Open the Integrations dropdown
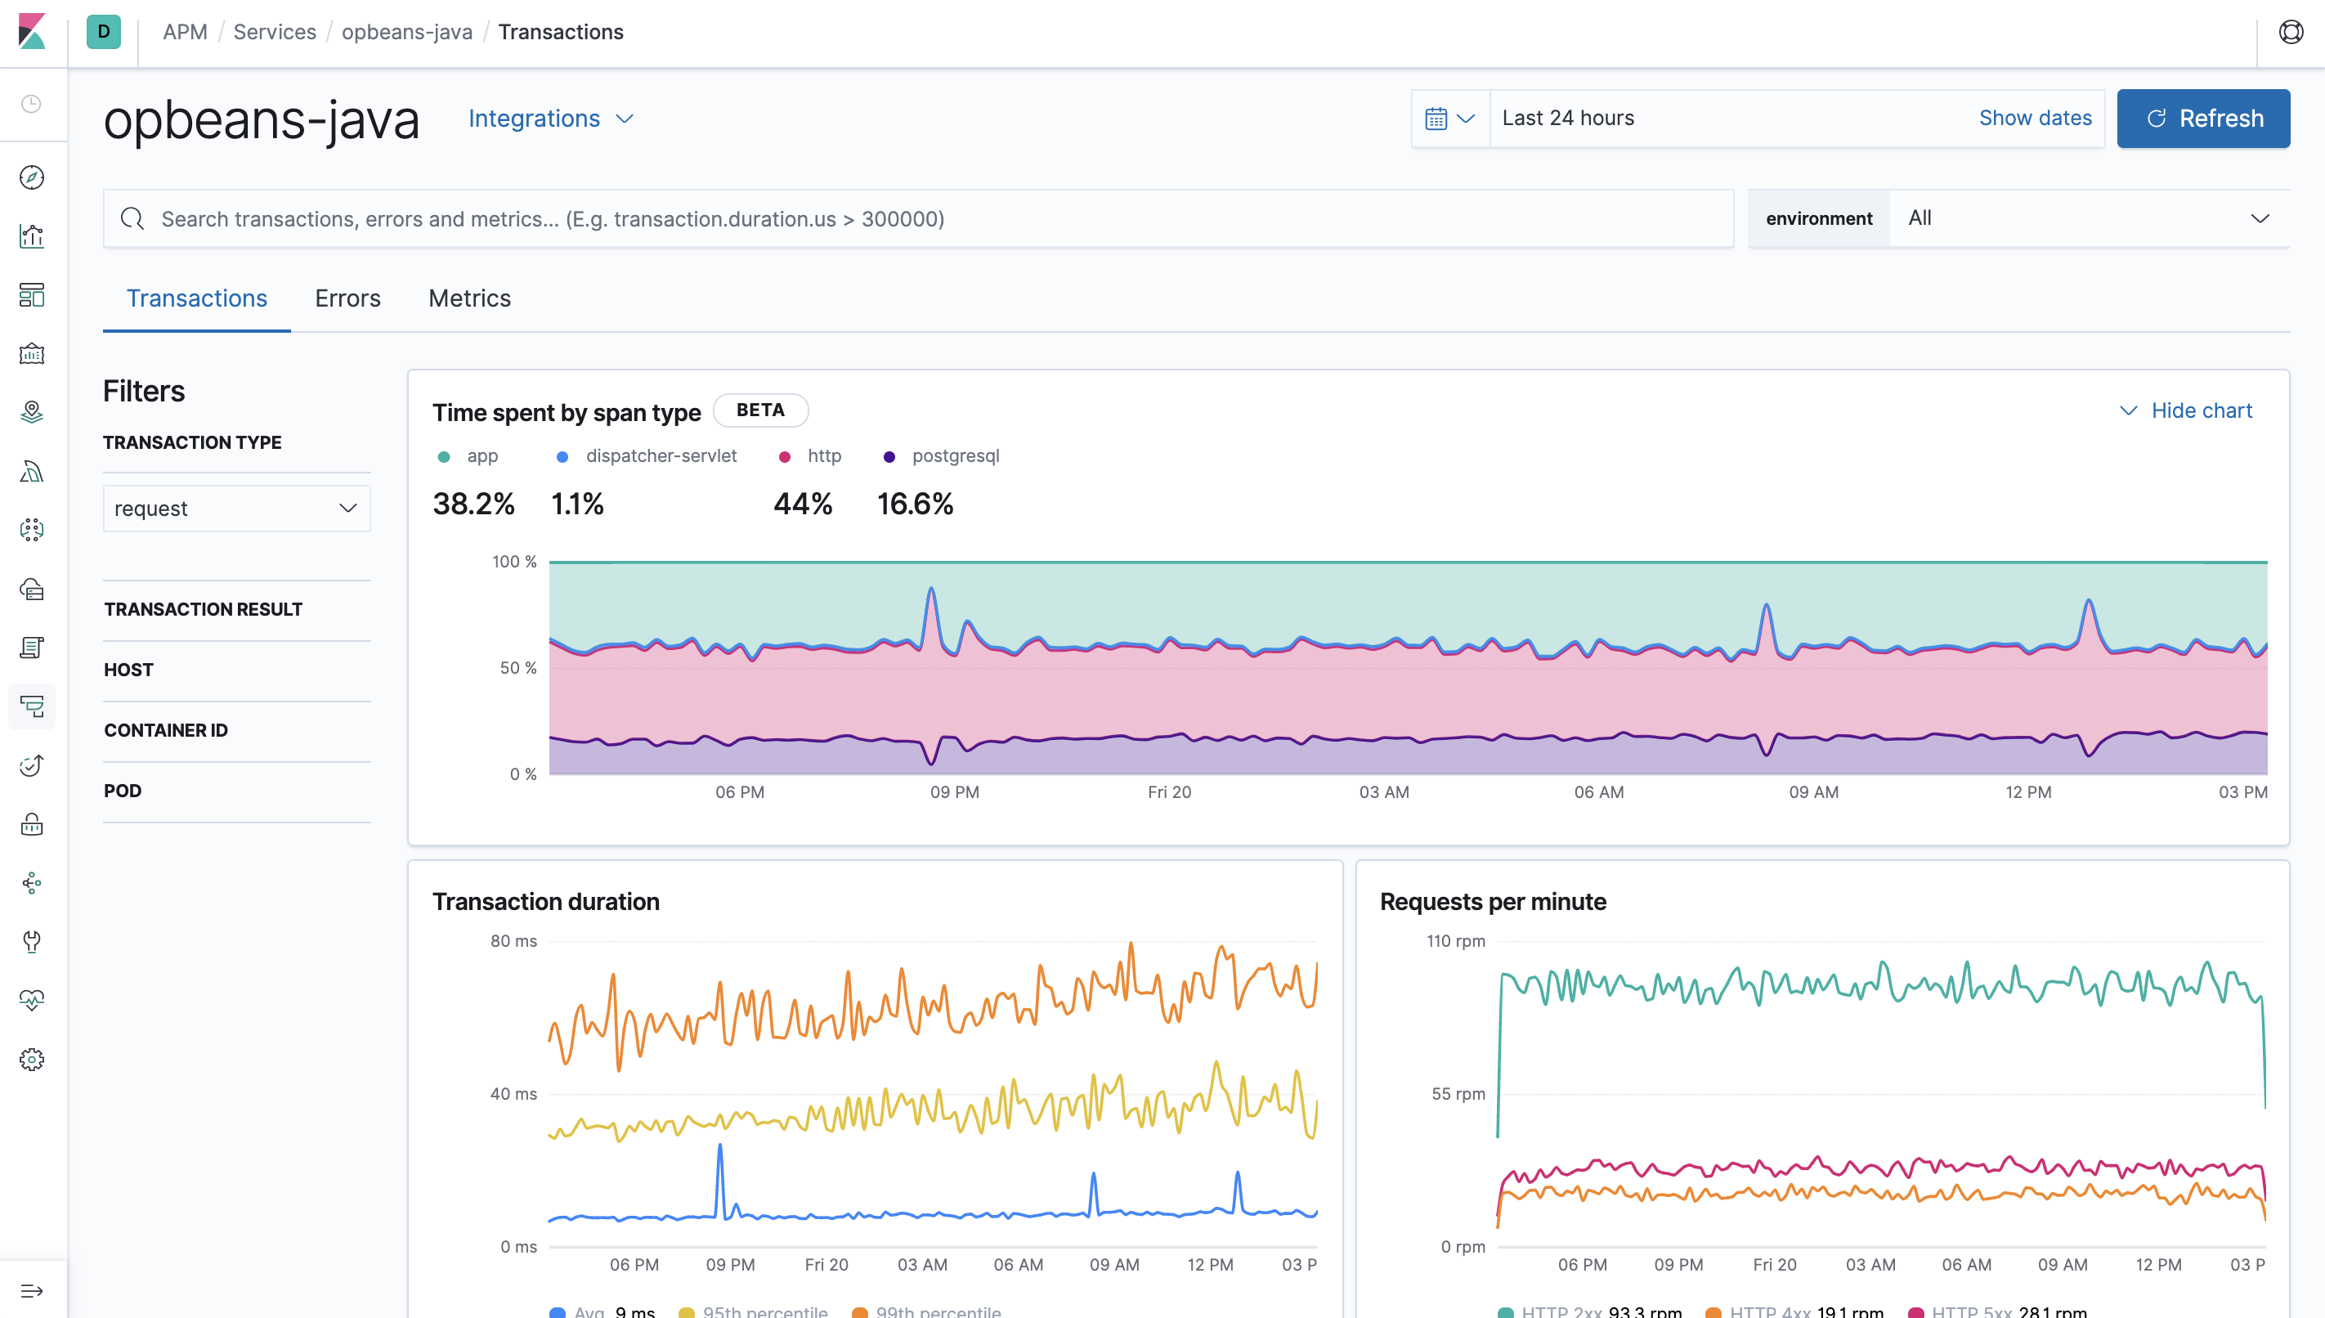pyautogui.click(x=550, y=119)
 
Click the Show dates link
pyautogui.click(x=2035, y=118)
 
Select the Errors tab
pyautogui.click(x=347, y=298)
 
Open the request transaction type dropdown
pyautogui.click(x=236, y=509)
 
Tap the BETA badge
pyautogui.click(x=759, y=410)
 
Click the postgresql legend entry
pyautogui.click(x=954, y=456)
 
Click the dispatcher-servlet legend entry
pyautogui.click(x=660, y=456)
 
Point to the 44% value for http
pyautogui.click(x=802, y=504)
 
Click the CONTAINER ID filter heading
pyautogui.click(x=166, y=730)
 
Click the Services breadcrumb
pyautogui.click(x=274, y=32)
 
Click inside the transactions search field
pyautogui.click(x=905, y=219)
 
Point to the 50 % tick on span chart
pyautogui.click(x=517, y=668)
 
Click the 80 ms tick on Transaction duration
pyautogui.click(x=513, y=941)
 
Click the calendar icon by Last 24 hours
pyautogui.click(x=1436, y=119)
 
